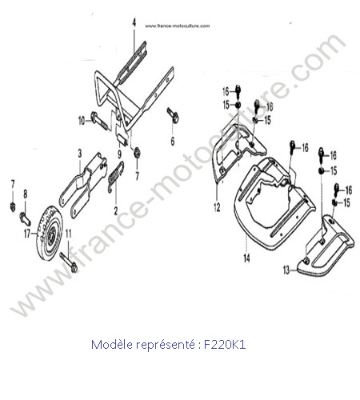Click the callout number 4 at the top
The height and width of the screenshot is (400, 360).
134,22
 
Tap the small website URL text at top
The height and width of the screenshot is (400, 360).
178,26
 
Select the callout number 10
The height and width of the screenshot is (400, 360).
82,121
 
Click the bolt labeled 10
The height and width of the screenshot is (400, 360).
100,122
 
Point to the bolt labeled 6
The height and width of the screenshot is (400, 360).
173,115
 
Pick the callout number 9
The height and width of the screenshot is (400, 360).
119,154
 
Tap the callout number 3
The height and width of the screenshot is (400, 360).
80,154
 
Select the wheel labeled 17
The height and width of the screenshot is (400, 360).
50,231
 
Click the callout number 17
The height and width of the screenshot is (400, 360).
27,234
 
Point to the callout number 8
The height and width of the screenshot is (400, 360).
26,194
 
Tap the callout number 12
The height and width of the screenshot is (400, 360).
217,207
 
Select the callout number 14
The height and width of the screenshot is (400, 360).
246,258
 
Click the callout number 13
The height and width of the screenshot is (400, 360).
286,270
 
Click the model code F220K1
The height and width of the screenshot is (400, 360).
225,345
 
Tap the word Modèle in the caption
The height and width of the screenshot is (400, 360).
112,345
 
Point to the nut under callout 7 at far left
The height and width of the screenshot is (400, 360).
13,206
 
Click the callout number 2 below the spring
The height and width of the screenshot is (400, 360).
116,210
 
